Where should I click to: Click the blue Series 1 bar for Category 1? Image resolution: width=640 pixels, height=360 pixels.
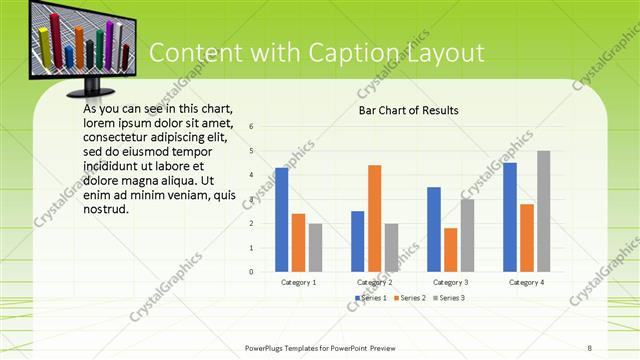282,220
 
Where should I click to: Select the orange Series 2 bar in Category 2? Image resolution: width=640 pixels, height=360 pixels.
374,218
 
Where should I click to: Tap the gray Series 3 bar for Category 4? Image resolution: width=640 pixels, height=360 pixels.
543,211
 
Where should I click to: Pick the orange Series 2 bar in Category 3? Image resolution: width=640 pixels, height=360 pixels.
450,250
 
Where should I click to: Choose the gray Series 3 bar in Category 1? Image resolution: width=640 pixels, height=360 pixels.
315,247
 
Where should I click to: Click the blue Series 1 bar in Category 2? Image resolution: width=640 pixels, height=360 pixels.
358,241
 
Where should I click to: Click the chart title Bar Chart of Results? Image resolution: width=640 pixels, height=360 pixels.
409,110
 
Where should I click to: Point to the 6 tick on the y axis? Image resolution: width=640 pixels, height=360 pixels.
252,127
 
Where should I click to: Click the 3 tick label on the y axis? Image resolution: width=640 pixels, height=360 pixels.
252,199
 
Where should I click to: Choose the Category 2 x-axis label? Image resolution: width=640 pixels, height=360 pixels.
374,282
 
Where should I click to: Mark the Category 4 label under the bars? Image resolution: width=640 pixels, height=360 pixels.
526,282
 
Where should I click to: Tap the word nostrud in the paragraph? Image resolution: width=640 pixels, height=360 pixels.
107,210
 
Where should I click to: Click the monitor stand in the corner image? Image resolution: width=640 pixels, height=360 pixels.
94,88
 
